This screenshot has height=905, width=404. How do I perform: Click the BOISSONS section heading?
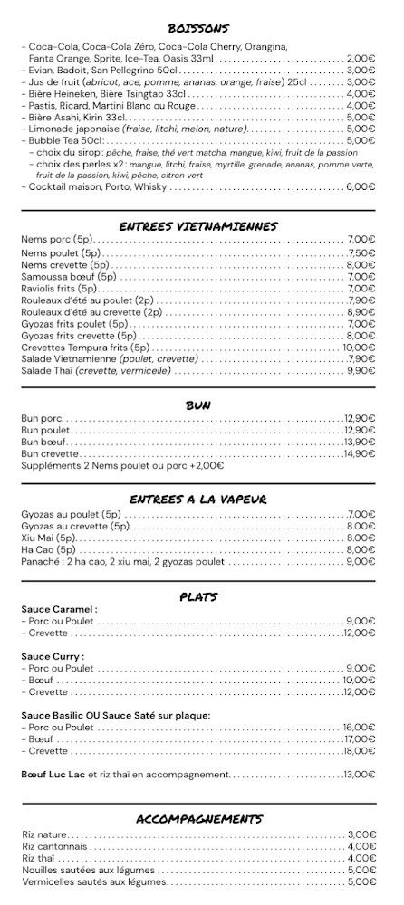[198, 28]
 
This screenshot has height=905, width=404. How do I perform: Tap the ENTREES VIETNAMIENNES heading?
[198, 226]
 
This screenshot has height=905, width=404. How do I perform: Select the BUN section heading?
[198, 405]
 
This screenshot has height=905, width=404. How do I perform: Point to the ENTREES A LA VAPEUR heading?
[198, 499]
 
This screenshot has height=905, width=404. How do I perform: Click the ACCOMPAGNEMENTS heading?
[198, 819]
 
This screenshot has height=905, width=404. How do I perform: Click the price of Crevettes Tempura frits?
[359, 347]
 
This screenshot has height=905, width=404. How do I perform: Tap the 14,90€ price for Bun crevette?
[359, 453]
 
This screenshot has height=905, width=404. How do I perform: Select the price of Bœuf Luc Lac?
[359, 774]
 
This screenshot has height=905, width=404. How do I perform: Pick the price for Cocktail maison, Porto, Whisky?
[361, 186]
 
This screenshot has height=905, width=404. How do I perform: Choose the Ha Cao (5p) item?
[49, 549]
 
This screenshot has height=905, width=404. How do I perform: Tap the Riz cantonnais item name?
[54, 846]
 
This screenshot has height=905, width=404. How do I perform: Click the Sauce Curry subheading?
[53, 656]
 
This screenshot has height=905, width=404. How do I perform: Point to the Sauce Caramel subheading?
[59, 609]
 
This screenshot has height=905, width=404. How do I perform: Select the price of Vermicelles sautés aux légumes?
[361, 881]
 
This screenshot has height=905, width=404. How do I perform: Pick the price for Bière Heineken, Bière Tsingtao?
[361, 93]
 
